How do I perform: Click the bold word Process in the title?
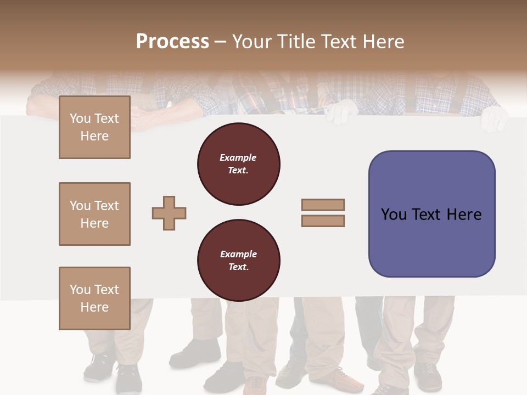[172, 42]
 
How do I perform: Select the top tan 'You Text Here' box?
[94, 127]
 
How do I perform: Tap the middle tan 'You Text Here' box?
[94, 214]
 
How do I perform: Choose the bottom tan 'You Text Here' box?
[94, 298]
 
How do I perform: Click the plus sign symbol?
[169, 213]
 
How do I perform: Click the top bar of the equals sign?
[323, 205]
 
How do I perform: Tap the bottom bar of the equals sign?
[323, 221]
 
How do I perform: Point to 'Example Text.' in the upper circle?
[238, 164]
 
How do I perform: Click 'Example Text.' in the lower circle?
[238, 261]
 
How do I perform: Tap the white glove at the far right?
[495, 118]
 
